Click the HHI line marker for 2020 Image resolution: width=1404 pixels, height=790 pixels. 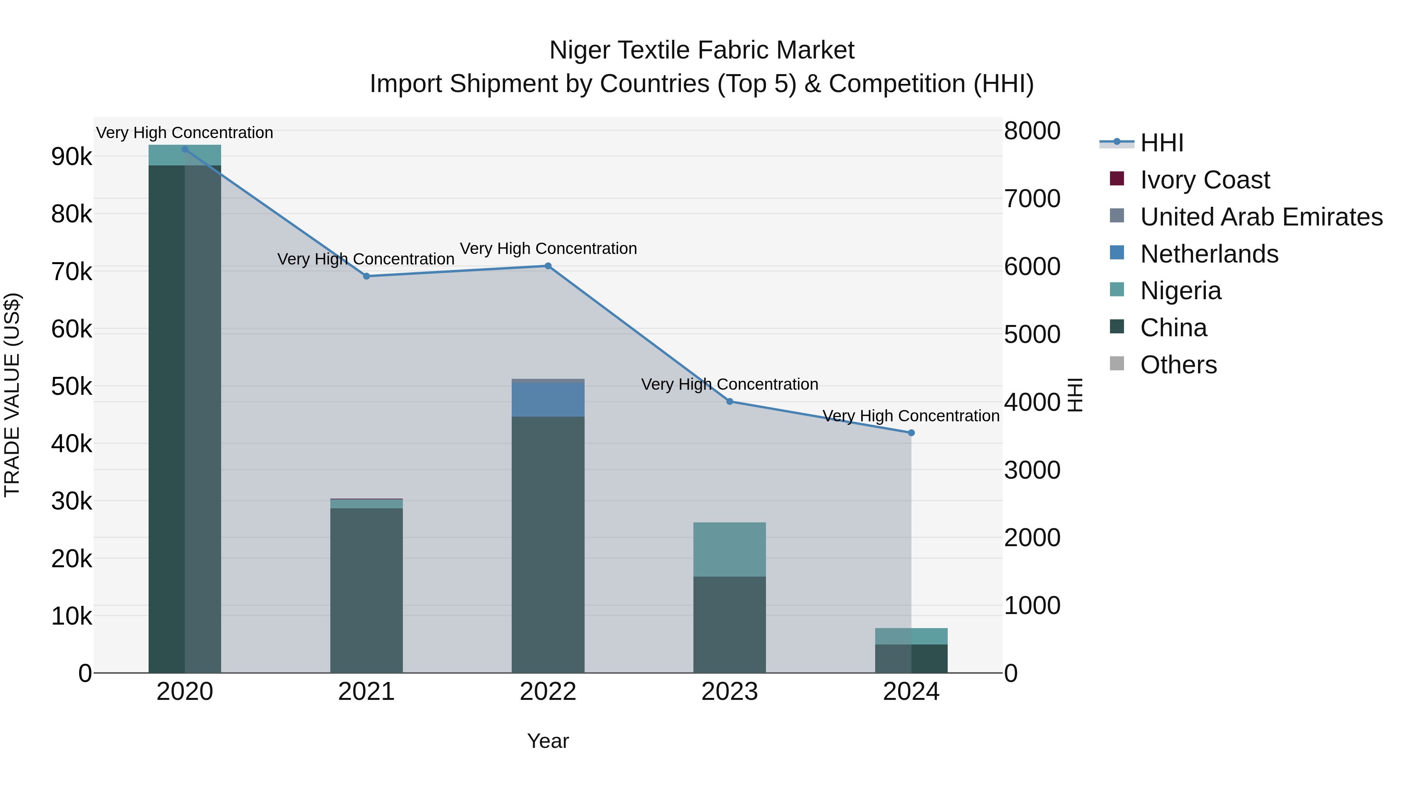pos(185,149)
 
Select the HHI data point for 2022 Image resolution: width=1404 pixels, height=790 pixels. pos(548,266)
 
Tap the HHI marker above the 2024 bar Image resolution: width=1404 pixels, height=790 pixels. pos(911,433)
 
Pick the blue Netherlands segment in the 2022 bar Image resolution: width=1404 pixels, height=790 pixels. pos(548,399)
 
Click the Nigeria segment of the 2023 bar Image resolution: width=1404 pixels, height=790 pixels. pos(729,549)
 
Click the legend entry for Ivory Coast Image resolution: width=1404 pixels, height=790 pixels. pos(1205,180)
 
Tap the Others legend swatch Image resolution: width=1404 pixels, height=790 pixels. pos(1117,364)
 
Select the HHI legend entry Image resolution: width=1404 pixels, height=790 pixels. pos(1161,143)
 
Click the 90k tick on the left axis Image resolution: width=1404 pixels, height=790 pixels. pos(71,157)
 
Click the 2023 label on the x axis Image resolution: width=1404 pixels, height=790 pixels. pos(729,692)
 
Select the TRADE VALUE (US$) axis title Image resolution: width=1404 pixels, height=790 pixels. pos(12,395)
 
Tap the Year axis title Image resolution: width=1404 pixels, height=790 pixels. pos(548,741)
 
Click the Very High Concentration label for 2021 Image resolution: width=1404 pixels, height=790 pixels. pos(366,259)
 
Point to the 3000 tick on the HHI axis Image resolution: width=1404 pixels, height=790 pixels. pos(1032,470)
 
